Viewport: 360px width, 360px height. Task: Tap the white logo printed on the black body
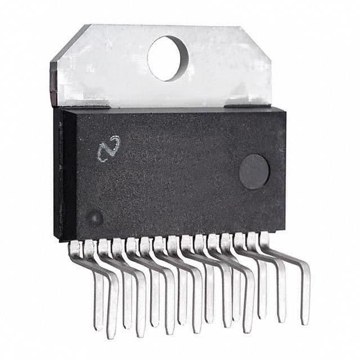click(x=108, y=148)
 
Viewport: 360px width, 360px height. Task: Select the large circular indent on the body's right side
click(x=254, y=172)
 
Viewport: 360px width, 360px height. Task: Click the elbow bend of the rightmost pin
click(x=304, y=264)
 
